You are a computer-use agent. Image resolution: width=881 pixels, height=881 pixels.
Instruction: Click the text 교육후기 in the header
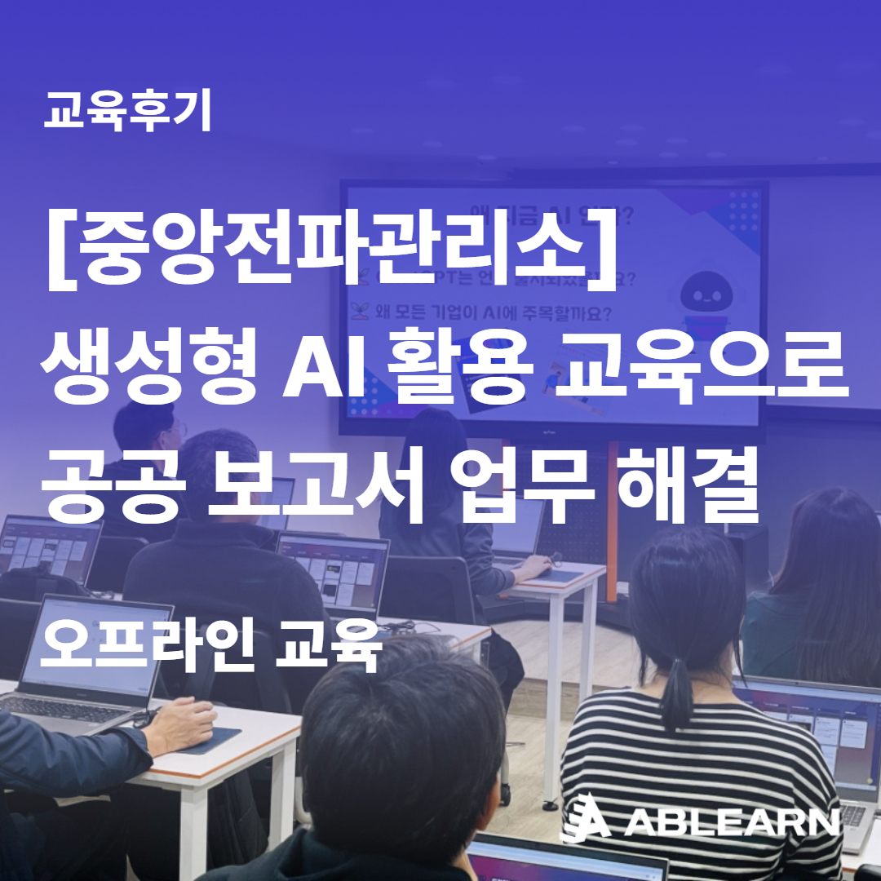tap(128, 112)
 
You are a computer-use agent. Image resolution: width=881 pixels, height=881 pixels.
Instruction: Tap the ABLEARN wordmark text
tap(732, 822)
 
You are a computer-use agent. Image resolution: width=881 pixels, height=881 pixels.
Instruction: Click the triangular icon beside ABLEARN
tap(587, 818)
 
